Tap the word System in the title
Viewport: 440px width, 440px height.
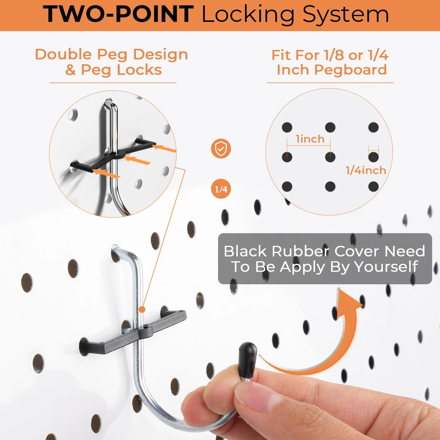pos(346,15)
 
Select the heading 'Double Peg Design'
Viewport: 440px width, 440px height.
pos(111,55)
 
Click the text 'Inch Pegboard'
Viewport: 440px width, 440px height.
pos(332,70)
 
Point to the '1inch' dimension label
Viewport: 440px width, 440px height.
pos(310,139)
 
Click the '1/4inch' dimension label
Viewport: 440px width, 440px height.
pos(366,170)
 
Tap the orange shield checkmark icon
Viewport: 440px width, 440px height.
pos(221,148)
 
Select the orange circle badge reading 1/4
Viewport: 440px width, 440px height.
pos(221,189)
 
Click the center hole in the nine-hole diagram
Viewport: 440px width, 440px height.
pos(330,157)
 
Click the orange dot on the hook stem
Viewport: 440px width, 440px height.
pos(143,310)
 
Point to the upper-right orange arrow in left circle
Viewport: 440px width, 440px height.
pos(164,148)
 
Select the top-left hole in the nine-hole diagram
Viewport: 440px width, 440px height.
pos(287,127)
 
